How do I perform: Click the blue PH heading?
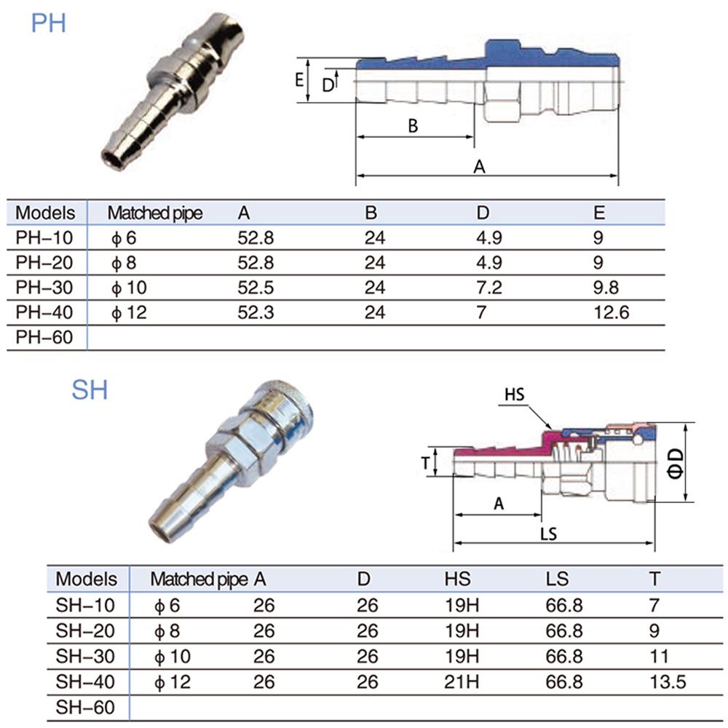click(x=48, y=23)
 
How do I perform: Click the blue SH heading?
click(x=90, y=390)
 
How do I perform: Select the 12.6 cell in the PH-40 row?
click(x=612, y=312)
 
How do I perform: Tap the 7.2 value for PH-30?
click(x=489, y=288)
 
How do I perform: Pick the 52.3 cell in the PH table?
click(x=256, y=312)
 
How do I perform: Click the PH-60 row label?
click(x=44, y=337)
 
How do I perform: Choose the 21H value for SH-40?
click(x=462, y=681)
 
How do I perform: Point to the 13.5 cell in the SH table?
click(x=668, y=681)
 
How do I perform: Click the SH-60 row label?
click(x=85, y=707)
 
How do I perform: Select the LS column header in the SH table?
click(x=557, y=579)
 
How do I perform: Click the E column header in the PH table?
click(x=599, y=213)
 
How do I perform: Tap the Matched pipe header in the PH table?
click(x=155, y=213)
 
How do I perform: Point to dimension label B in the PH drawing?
click(x=413, y=126)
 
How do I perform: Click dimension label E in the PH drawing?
click(x=299, y=80)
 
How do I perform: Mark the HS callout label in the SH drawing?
click(x=515, y=395)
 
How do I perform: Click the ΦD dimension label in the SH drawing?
click(x=676, y=463)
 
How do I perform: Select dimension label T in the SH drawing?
click(x=425, y=463)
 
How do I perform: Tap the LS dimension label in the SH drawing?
click(x=548, y=534)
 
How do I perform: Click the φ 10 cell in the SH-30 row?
click(x=173, y=657)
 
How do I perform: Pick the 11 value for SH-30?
click(x=659, y=657)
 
